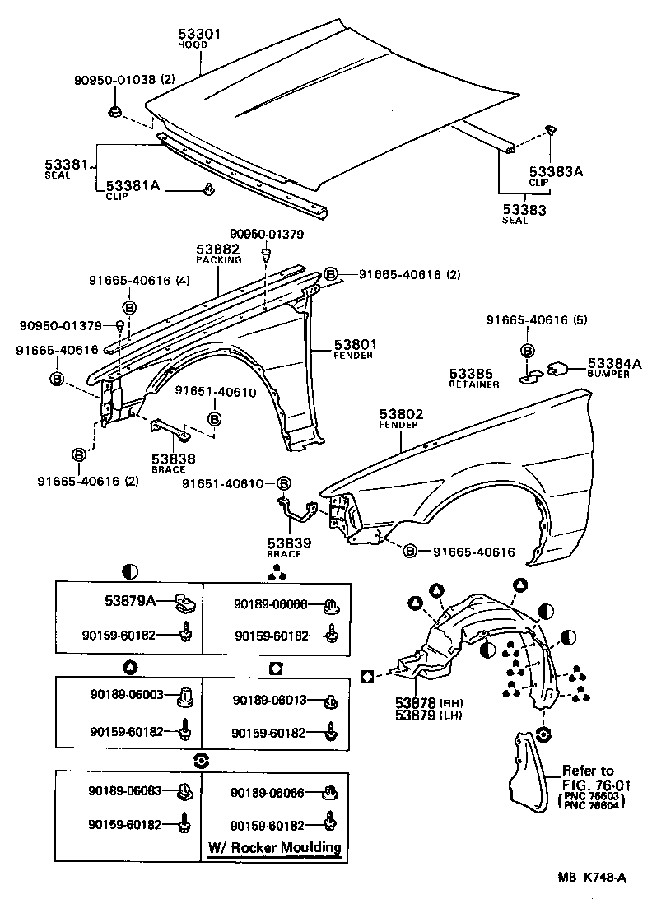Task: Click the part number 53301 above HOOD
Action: click(200, 34)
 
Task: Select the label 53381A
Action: click(133, 186)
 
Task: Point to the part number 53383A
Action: click(555, 172)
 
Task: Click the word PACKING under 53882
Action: click(218, 259)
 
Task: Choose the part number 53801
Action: click(355, 344)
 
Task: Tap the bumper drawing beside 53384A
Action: click(560, 367)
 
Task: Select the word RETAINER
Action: click(473, 384)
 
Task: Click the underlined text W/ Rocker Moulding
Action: click(273, 847)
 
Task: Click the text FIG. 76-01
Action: click(588, 784)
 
